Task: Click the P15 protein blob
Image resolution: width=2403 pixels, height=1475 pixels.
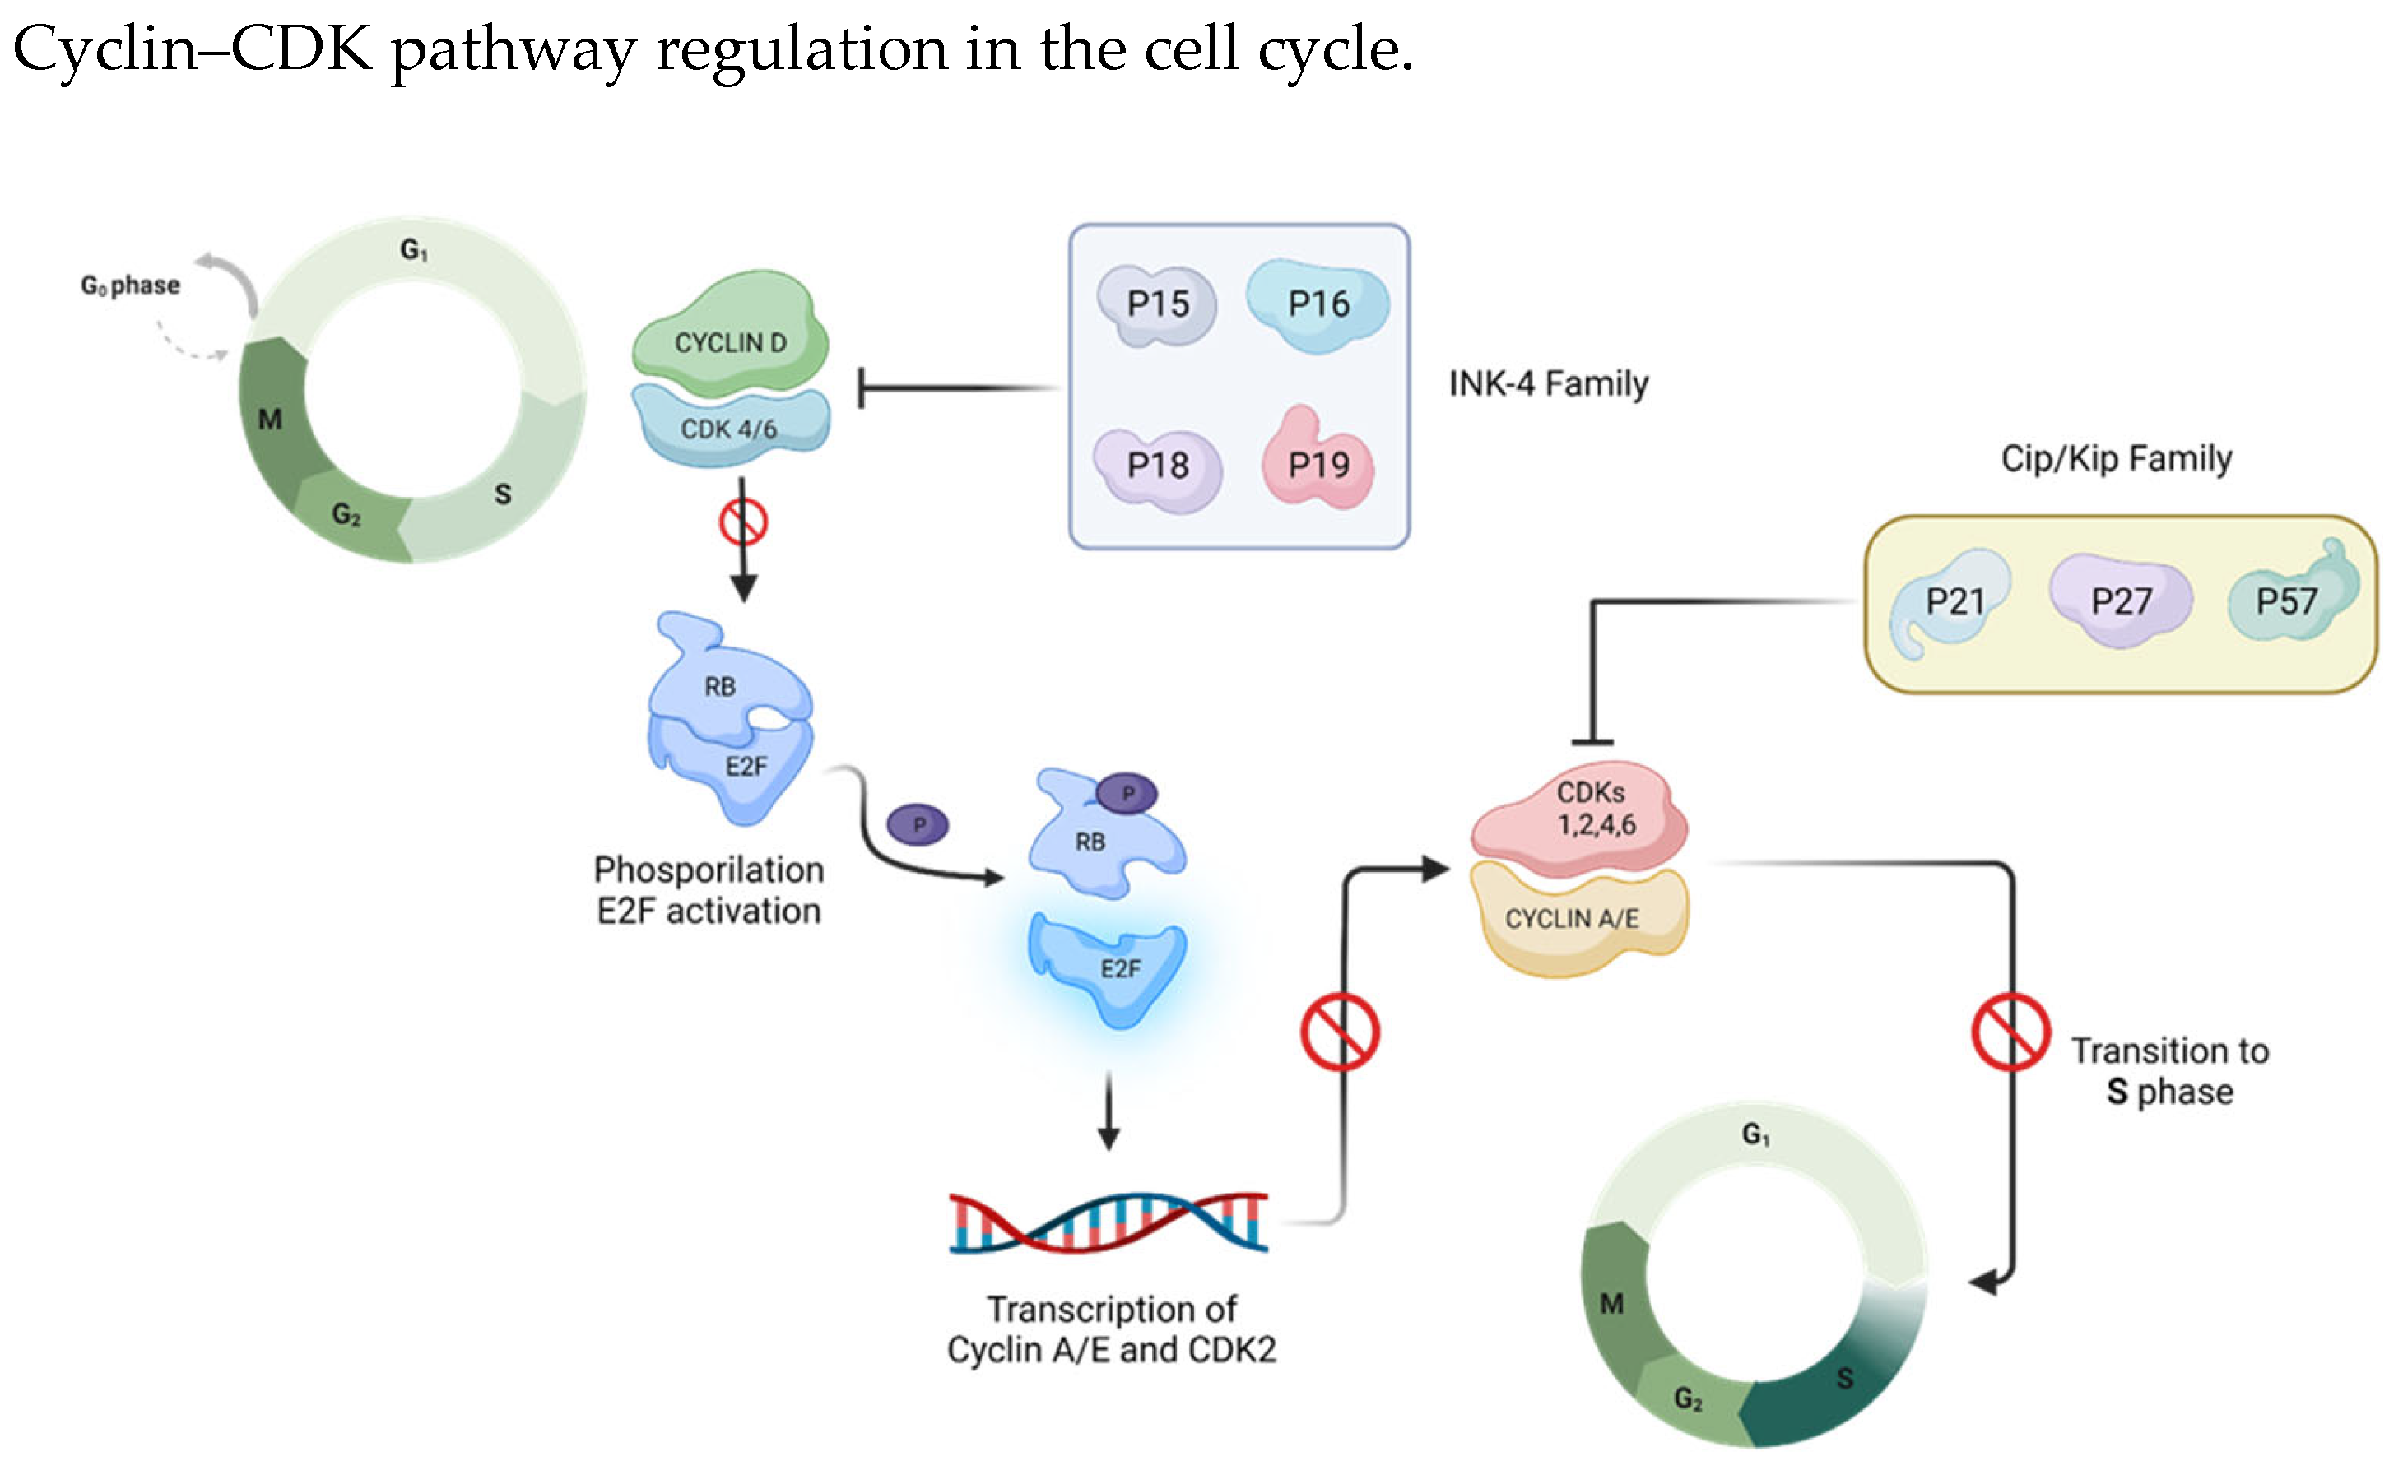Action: (1157, 305)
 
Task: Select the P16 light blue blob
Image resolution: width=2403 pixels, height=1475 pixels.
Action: (1317, 305)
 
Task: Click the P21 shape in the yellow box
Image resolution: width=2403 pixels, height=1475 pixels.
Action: (1951, 603)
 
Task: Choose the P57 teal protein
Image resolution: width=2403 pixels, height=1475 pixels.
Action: (2288, 600)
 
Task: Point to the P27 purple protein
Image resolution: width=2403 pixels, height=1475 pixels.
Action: (2120, 600)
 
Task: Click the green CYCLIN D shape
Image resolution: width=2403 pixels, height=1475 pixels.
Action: (730, 336)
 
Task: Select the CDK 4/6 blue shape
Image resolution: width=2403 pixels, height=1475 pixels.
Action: (730, 427)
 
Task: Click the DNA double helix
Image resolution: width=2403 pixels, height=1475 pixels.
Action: (1109, 1222)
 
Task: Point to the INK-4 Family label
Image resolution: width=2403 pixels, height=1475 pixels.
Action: (1548, 383)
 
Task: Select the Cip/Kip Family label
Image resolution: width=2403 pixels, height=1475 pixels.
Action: (2116, 457)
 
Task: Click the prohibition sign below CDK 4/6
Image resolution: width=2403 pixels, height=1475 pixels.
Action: (743, 523)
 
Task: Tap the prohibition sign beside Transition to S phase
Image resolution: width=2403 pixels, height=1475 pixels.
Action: (2010, 1032)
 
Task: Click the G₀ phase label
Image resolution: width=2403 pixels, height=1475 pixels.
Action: (131, 285)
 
